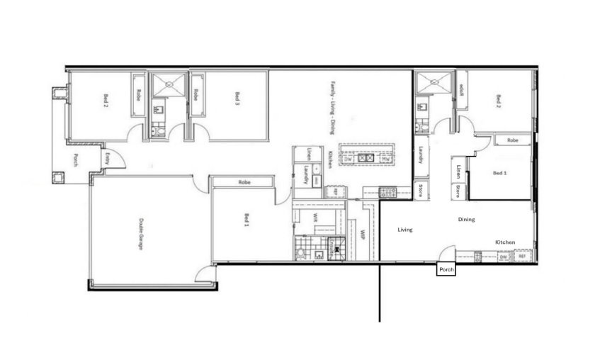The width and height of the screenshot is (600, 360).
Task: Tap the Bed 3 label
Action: (x=237, y=99)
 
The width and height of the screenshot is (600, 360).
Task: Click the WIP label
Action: (x=362, y=235)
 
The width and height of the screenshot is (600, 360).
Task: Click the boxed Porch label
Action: (x=446, y=269)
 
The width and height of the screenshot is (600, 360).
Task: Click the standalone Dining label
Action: (x=466, y=220)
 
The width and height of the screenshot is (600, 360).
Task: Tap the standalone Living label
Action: (x=405, y=230)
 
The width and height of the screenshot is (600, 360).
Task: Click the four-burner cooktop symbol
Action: (x=388, y=191)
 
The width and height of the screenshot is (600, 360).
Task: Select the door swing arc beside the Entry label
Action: (x=118, y=160)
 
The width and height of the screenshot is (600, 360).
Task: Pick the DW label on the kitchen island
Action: (x=349, y=159)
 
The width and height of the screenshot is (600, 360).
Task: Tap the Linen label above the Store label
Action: (x=459, y=171)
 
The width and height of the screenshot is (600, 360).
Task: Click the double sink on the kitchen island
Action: (x=367, y=159)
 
